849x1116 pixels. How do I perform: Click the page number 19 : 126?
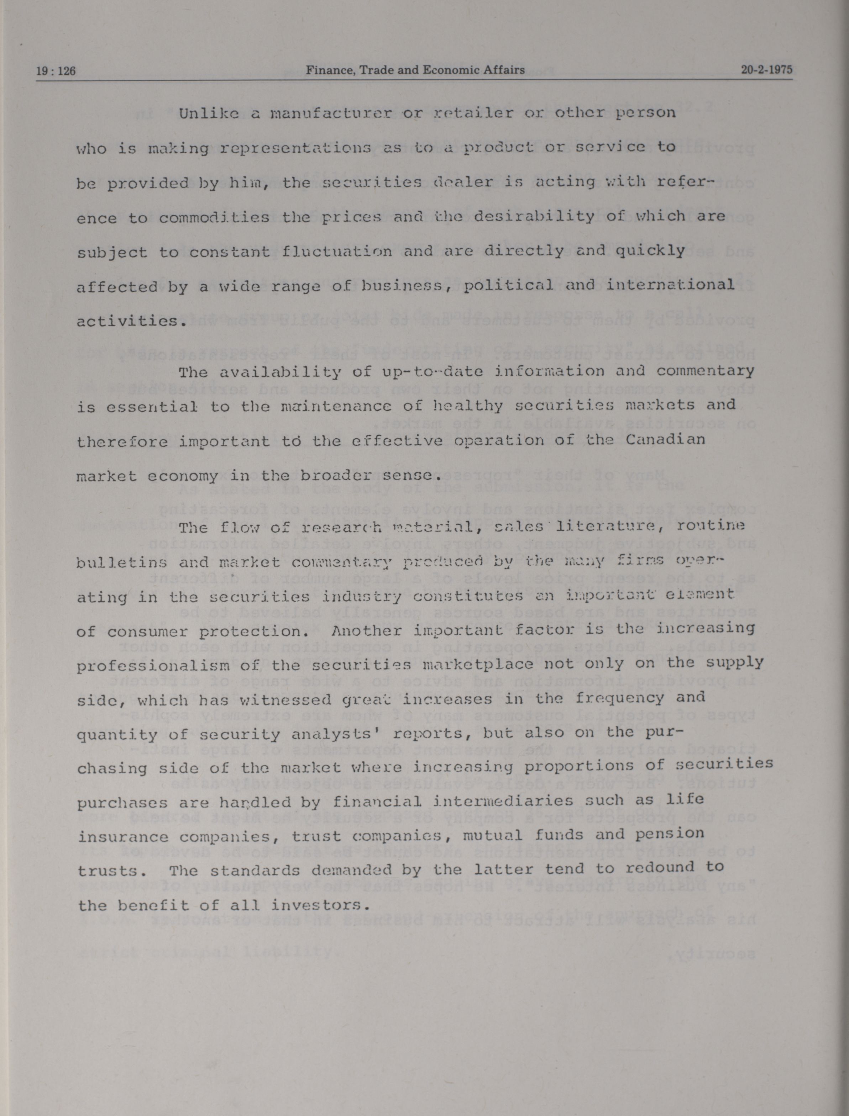click(56, 71)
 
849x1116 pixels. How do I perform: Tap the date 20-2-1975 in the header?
click(767, 70)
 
